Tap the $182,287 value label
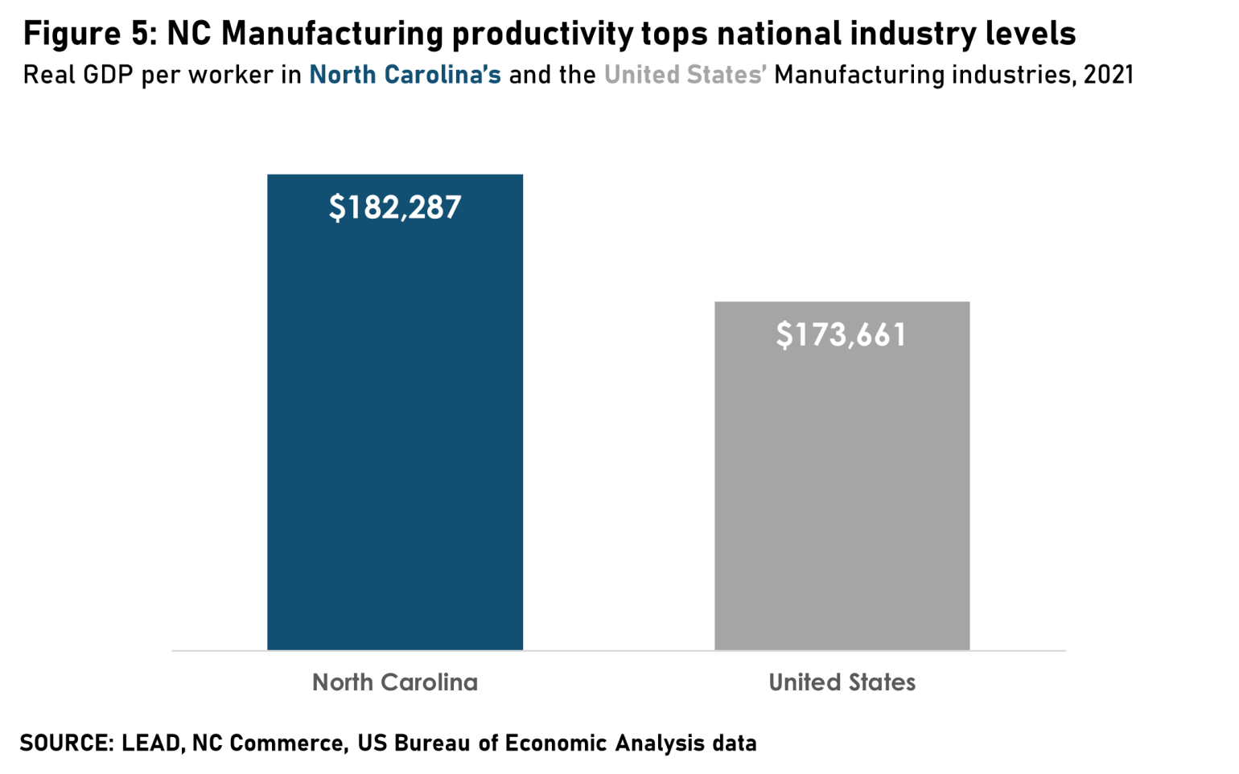tap(395, 207)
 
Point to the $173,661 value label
tap(842, 334)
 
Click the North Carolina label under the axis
tap(395, 682)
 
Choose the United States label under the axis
tap(842, 682)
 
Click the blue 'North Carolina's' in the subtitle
tap(405, 75)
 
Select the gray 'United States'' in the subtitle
tap(685, 75)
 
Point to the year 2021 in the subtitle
tap(1108, 75)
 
